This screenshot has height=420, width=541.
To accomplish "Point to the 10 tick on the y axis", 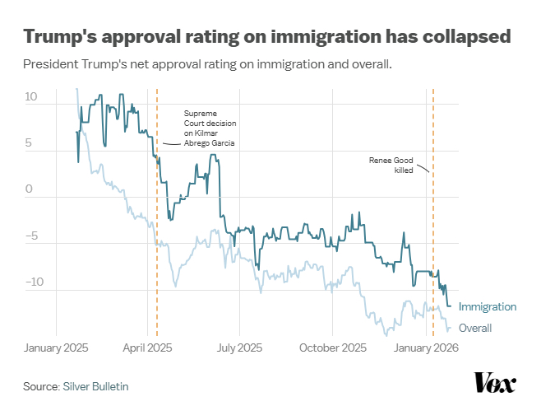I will coord(32,97).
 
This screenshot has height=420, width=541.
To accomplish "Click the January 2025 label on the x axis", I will coord(57,348).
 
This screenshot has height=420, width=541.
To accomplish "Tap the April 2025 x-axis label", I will coord(147,348).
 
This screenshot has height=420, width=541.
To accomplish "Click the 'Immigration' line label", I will coord(488,307).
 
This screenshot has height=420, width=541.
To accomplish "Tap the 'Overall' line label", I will coord(475,329).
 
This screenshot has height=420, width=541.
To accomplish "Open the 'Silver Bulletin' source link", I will coord(95,386).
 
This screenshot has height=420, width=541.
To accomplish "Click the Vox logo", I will coord(495,383).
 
